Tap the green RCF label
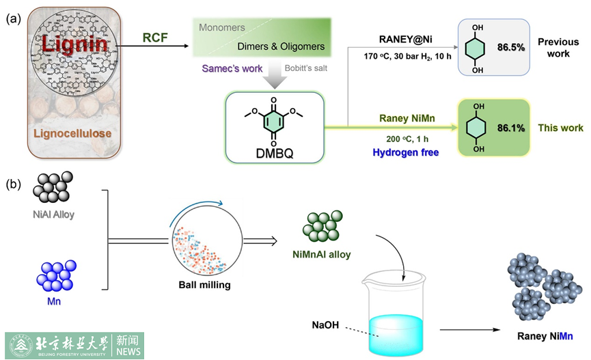(156, 38)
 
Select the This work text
(561, 127)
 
